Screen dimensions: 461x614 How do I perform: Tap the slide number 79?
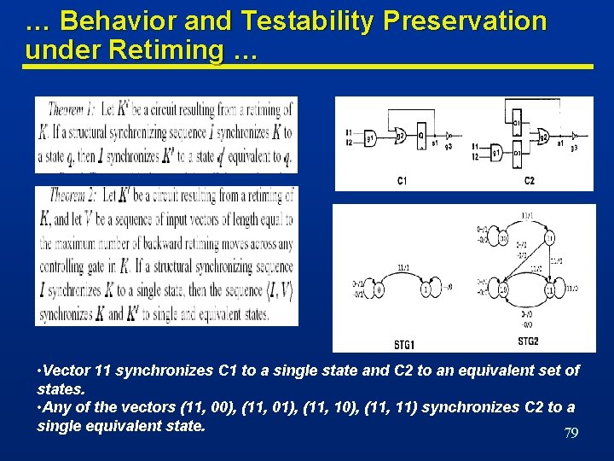click(x=571, y=434)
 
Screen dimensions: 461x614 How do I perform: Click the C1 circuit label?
click(x=402, y=180)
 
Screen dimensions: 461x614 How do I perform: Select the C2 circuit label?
click(x=529, y=180)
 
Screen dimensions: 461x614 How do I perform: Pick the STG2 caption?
click(x=529, y=342)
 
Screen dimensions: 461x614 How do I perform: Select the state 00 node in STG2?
click(x=504, y=290)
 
